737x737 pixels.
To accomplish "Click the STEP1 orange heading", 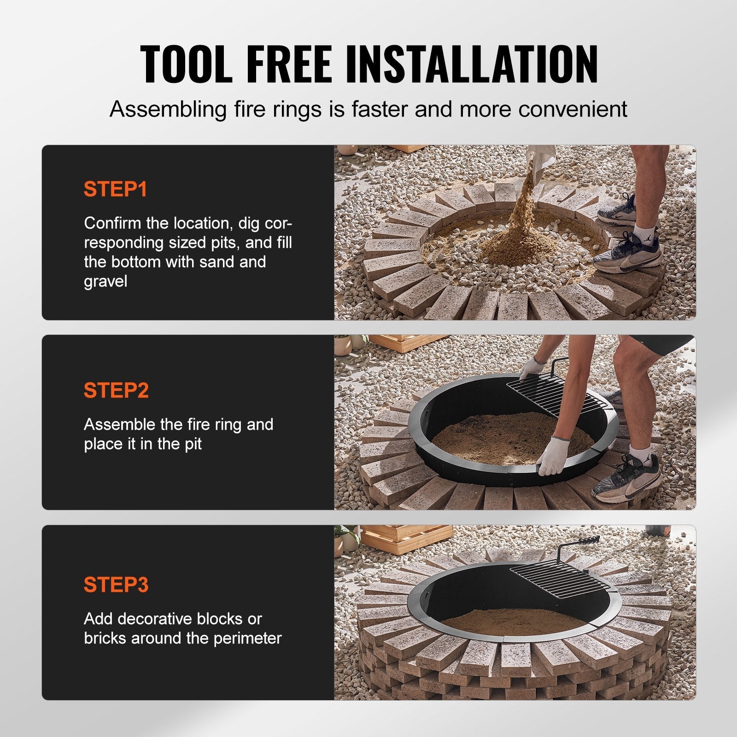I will pos(115,189).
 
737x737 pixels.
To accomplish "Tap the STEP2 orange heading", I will pos(116,391).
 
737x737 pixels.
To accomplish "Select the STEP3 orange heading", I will pos(116,585).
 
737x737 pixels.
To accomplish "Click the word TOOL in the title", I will pos(187,64).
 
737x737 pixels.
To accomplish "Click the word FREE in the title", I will pos(289,64).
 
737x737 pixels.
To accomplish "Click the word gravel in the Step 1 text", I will pos(105,281).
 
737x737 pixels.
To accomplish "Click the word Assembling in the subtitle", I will pos(169,110).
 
